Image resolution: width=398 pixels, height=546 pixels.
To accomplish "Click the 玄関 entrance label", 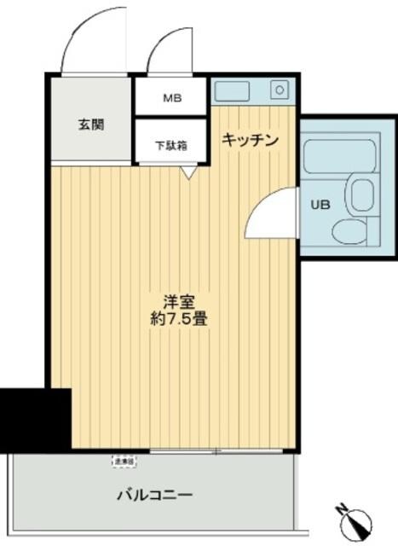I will (x=92, y=125).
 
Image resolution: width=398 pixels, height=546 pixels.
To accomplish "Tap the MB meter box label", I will (x=172, y=97).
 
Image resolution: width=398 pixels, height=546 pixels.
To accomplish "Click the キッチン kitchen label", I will (x=251, y=140).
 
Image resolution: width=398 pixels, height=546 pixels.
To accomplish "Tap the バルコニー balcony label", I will (x=154, y=495).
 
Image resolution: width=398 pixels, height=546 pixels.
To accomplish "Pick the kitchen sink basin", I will (x=230, y=89).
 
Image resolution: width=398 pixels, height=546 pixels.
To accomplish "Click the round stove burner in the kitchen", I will (x=278, y=89).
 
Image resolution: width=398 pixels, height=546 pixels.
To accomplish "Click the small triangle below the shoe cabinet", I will (x=187, y=173).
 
